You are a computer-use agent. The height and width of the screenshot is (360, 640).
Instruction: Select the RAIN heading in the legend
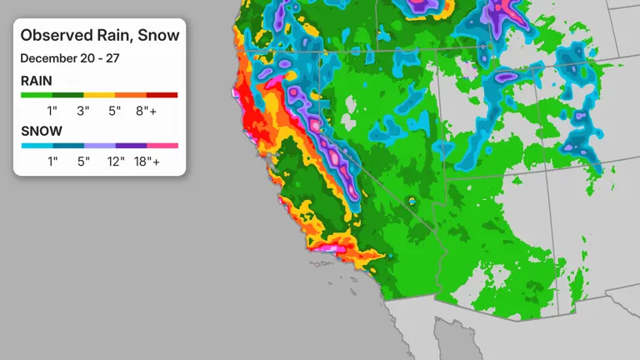click(36, 82)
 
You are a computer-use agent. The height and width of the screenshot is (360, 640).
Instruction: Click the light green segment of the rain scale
click(37, 96)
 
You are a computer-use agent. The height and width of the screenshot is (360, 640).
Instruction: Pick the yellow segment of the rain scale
click(99, 96)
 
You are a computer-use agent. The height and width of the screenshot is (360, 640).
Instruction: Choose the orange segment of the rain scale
click(130, 96)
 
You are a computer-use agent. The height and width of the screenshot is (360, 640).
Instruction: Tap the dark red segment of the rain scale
click(162, 96)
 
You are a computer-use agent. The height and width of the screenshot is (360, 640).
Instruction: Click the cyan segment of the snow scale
click(37, 146)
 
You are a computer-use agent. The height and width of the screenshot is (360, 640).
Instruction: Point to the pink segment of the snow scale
click(162, 146)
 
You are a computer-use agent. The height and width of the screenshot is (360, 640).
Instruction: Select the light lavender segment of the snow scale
click(99, 146)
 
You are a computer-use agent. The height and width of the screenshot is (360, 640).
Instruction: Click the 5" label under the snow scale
click(83, 162)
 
